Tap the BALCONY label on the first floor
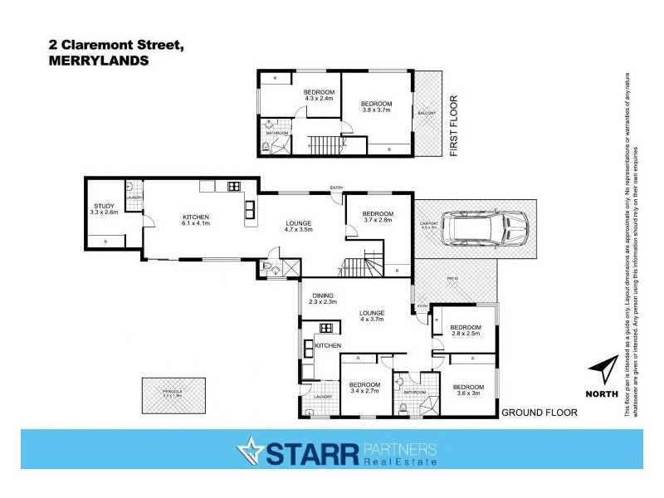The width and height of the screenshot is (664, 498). point(427,113)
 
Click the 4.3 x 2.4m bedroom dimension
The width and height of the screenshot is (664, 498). point(319,99)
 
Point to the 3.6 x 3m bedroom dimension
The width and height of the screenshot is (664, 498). point(468,393)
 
